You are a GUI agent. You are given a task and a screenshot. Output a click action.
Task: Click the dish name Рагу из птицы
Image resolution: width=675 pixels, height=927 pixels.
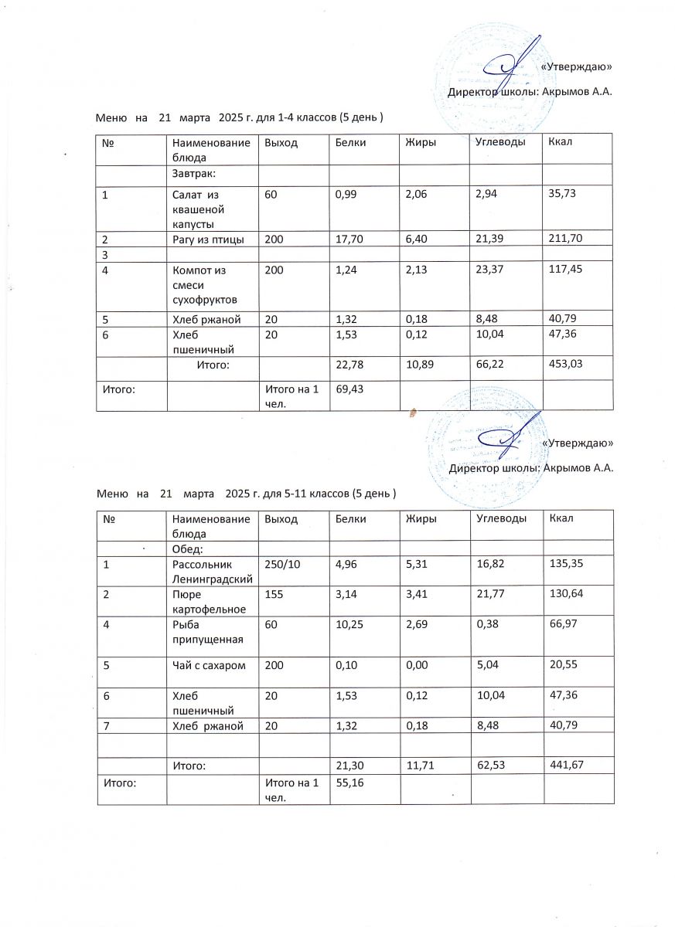(208, 239)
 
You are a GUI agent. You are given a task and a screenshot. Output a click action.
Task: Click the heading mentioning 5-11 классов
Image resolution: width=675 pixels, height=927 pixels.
(247, 493)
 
